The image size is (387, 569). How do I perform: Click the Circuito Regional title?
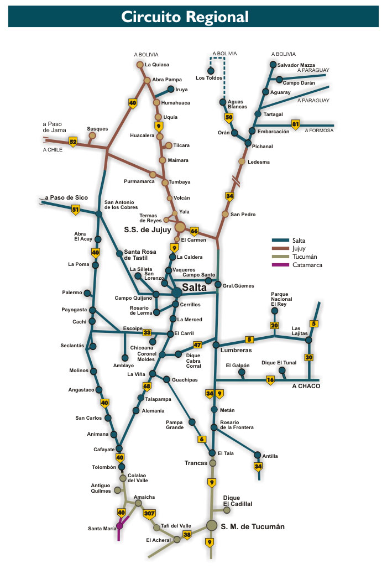185,17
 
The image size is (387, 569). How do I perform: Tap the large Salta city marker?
176,292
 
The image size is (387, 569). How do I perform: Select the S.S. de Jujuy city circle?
180,227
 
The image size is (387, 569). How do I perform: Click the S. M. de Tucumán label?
253,527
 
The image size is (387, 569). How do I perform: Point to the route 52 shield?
73,142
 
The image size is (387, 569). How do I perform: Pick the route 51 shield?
76,210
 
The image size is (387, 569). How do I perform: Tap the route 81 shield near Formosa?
296,124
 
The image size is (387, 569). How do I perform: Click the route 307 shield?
149,514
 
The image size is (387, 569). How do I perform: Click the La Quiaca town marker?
140,65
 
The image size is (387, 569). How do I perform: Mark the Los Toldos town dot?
211,71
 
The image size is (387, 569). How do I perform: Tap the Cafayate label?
103,450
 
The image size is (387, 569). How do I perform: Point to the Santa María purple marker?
119,526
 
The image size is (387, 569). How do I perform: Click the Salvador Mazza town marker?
273,65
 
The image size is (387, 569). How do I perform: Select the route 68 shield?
147,386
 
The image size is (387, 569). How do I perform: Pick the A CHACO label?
306,386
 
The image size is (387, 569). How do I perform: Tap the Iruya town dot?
170,89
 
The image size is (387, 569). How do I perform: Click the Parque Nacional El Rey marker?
274,311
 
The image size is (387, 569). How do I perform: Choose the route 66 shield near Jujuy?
194,231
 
